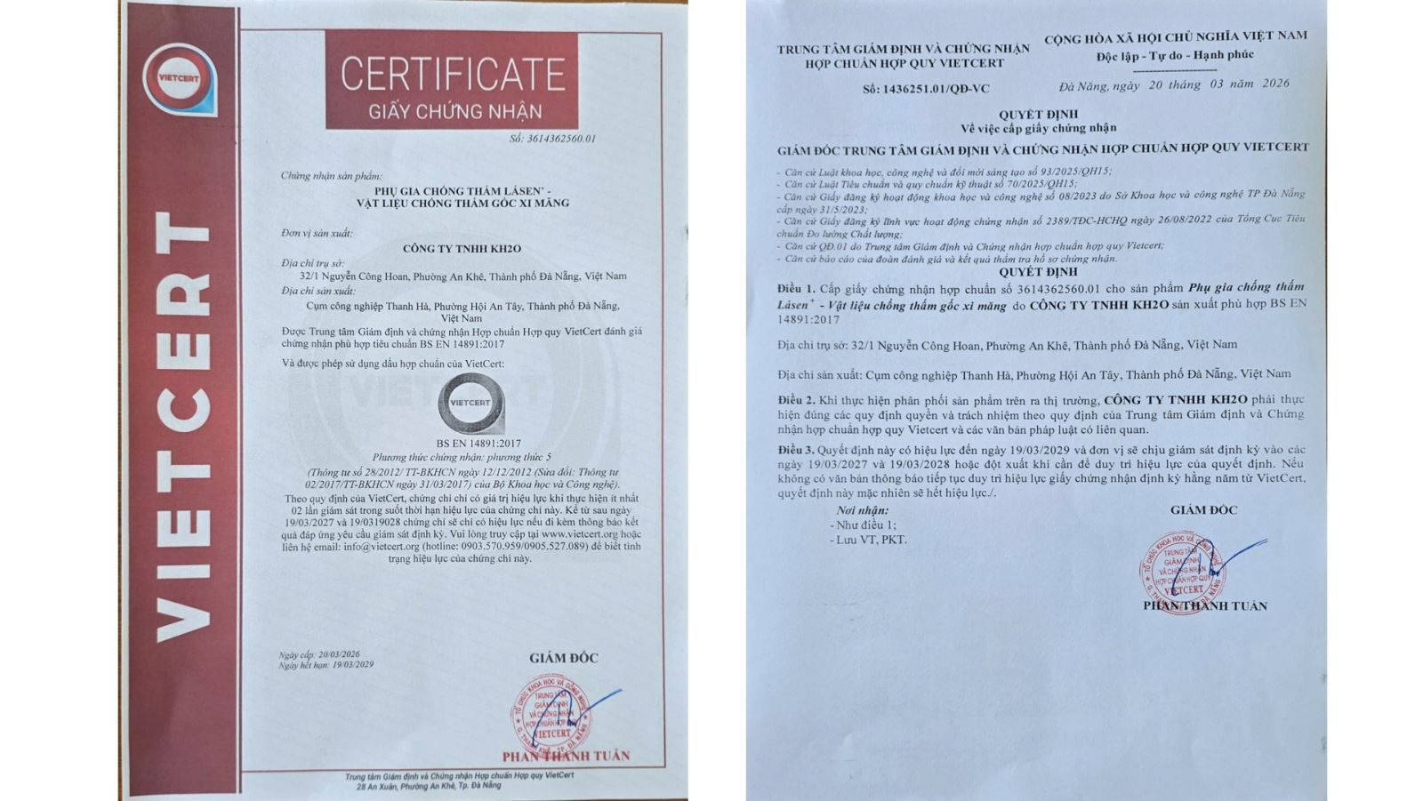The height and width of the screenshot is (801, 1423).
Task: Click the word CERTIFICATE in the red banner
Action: tap(452, 74)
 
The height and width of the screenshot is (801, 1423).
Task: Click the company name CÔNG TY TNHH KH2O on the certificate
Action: tap(462, 249)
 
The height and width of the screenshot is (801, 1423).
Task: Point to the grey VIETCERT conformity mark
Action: tap(470, 405)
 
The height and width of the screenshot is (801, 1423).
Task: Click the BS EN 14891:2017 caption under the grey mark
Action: tap(478, 443)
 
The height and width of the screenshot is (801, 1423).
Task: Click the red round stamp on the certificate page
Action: tap(551, 717)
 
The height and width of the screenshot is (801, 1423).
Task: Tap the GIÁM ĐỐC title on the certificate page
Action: tap(563, 658)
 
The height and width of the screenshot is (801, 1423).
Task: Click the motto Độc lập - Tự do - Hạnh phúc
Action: tap(1175, 55)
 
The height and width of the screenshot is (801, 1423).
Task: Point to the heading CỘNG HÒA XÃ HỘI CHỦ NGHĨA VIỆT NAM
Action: tap(1175, 36)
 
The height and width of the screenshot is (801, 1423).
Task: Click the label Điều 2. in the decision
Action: tap(795, 400)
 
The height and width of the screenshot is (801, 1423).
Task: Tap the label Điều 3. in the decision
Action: tap(795, 450)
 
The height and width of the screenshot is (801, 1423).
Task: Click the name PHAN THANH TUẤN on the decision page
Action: tap(1204, 606)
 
